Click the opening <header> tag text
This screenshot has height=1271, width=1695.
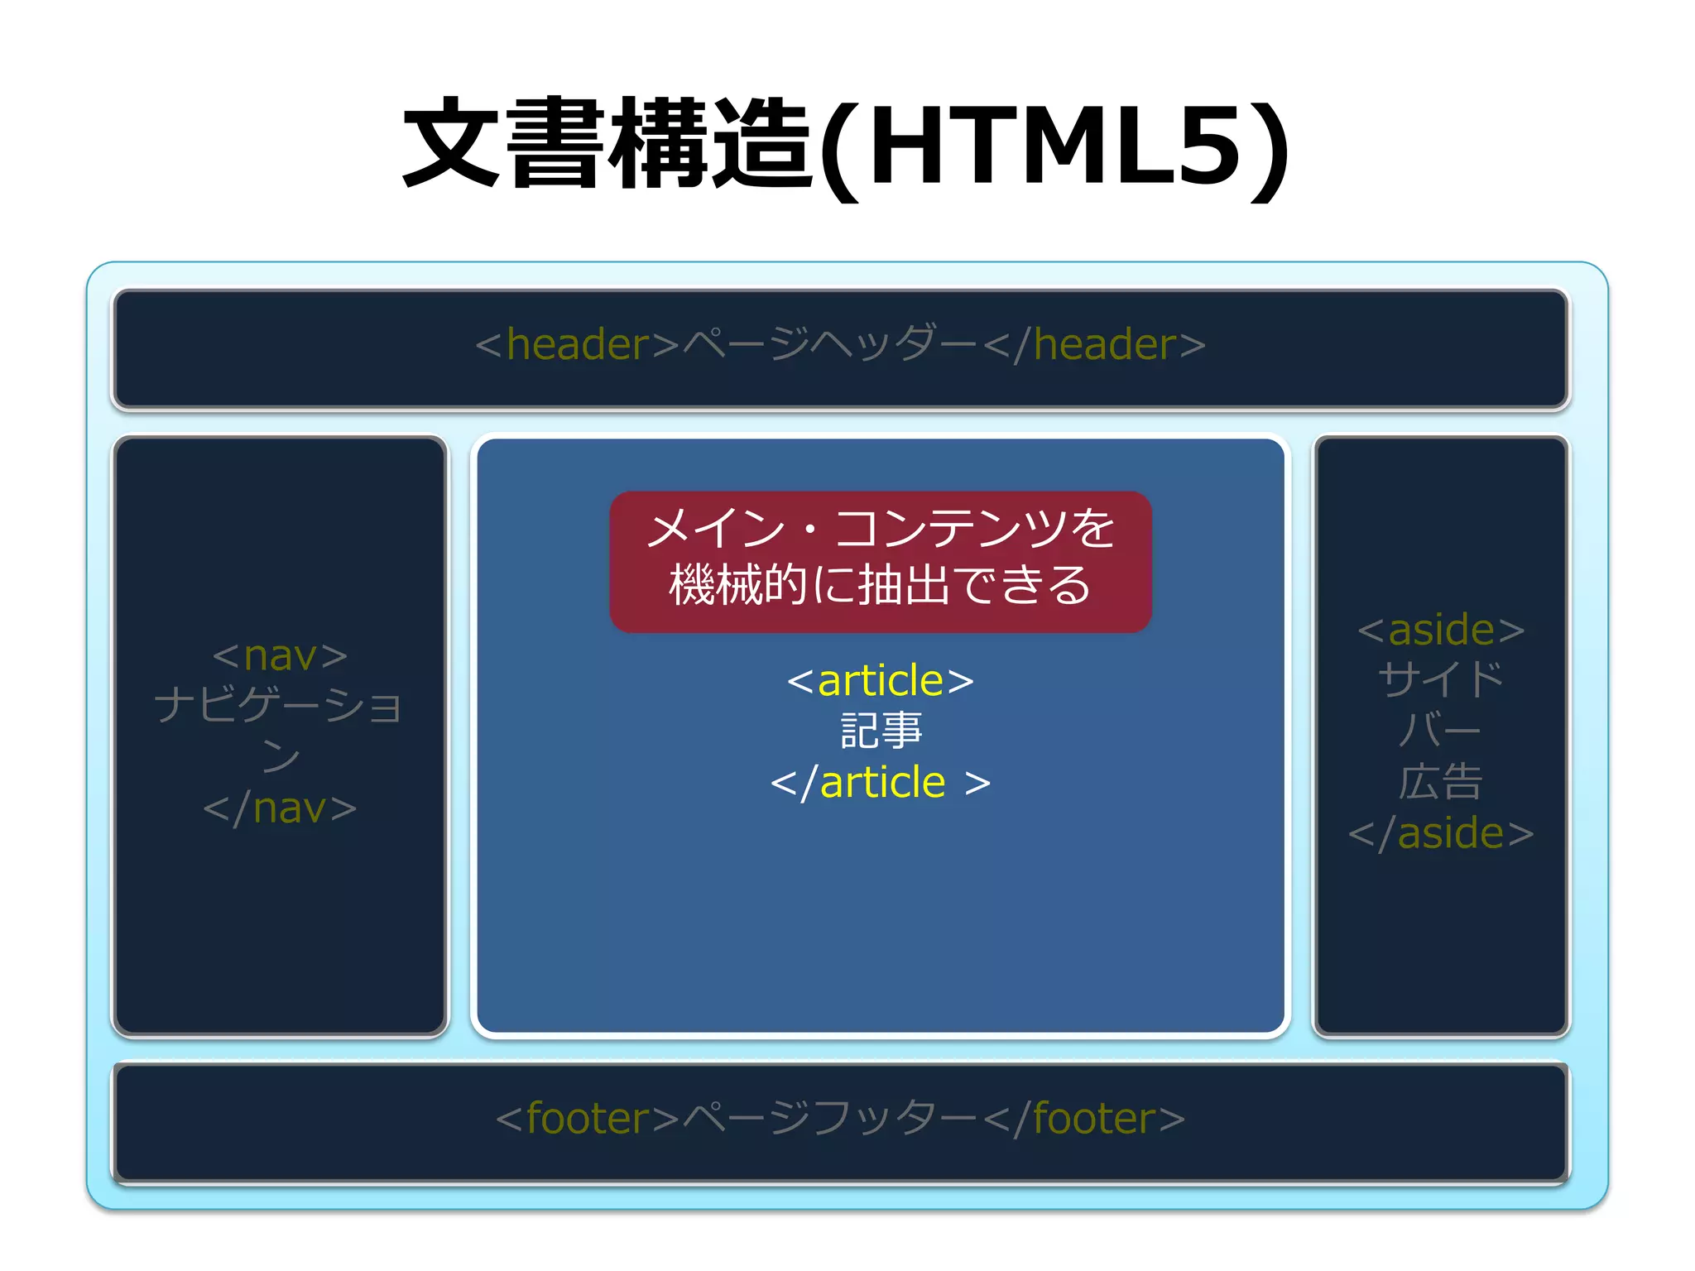(577, 344)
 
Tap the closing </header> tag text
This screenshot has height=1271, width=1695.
(1094, 344)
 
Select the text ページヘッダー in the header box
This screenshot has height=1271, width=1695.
(830, 344)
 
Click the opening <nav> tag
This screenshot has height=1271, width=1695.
(280, 656)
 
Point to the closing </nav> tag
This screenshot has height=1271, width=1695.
(280, 808)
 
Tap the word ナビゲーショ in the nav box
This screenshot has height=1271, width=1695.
(278, 706)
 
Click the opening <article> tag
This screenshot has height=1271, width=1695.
(880, 681)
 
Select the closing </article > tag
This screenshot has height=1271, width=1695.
(880, 783)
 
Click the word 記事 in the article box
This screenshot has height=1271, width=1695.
(881, 731)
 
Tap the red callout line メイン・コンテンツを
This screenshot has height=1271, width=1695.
(881, 530)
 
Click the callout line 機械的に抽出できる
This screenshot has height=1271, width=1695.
(881, 585)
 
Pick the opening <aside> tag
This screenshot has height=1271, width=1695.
(1441, 630)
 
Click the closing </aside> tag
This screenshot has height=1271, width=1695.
(1441, 833)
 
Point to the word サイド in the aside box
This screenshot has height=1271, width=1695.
(1441, 680)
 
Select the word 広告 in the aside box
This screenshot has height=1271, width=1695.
(1441, 782)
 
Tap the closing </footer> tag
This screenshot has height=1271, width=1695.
(1084, 1119)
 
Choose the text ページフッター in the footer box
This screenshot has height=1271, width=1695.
(830, 1119)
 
